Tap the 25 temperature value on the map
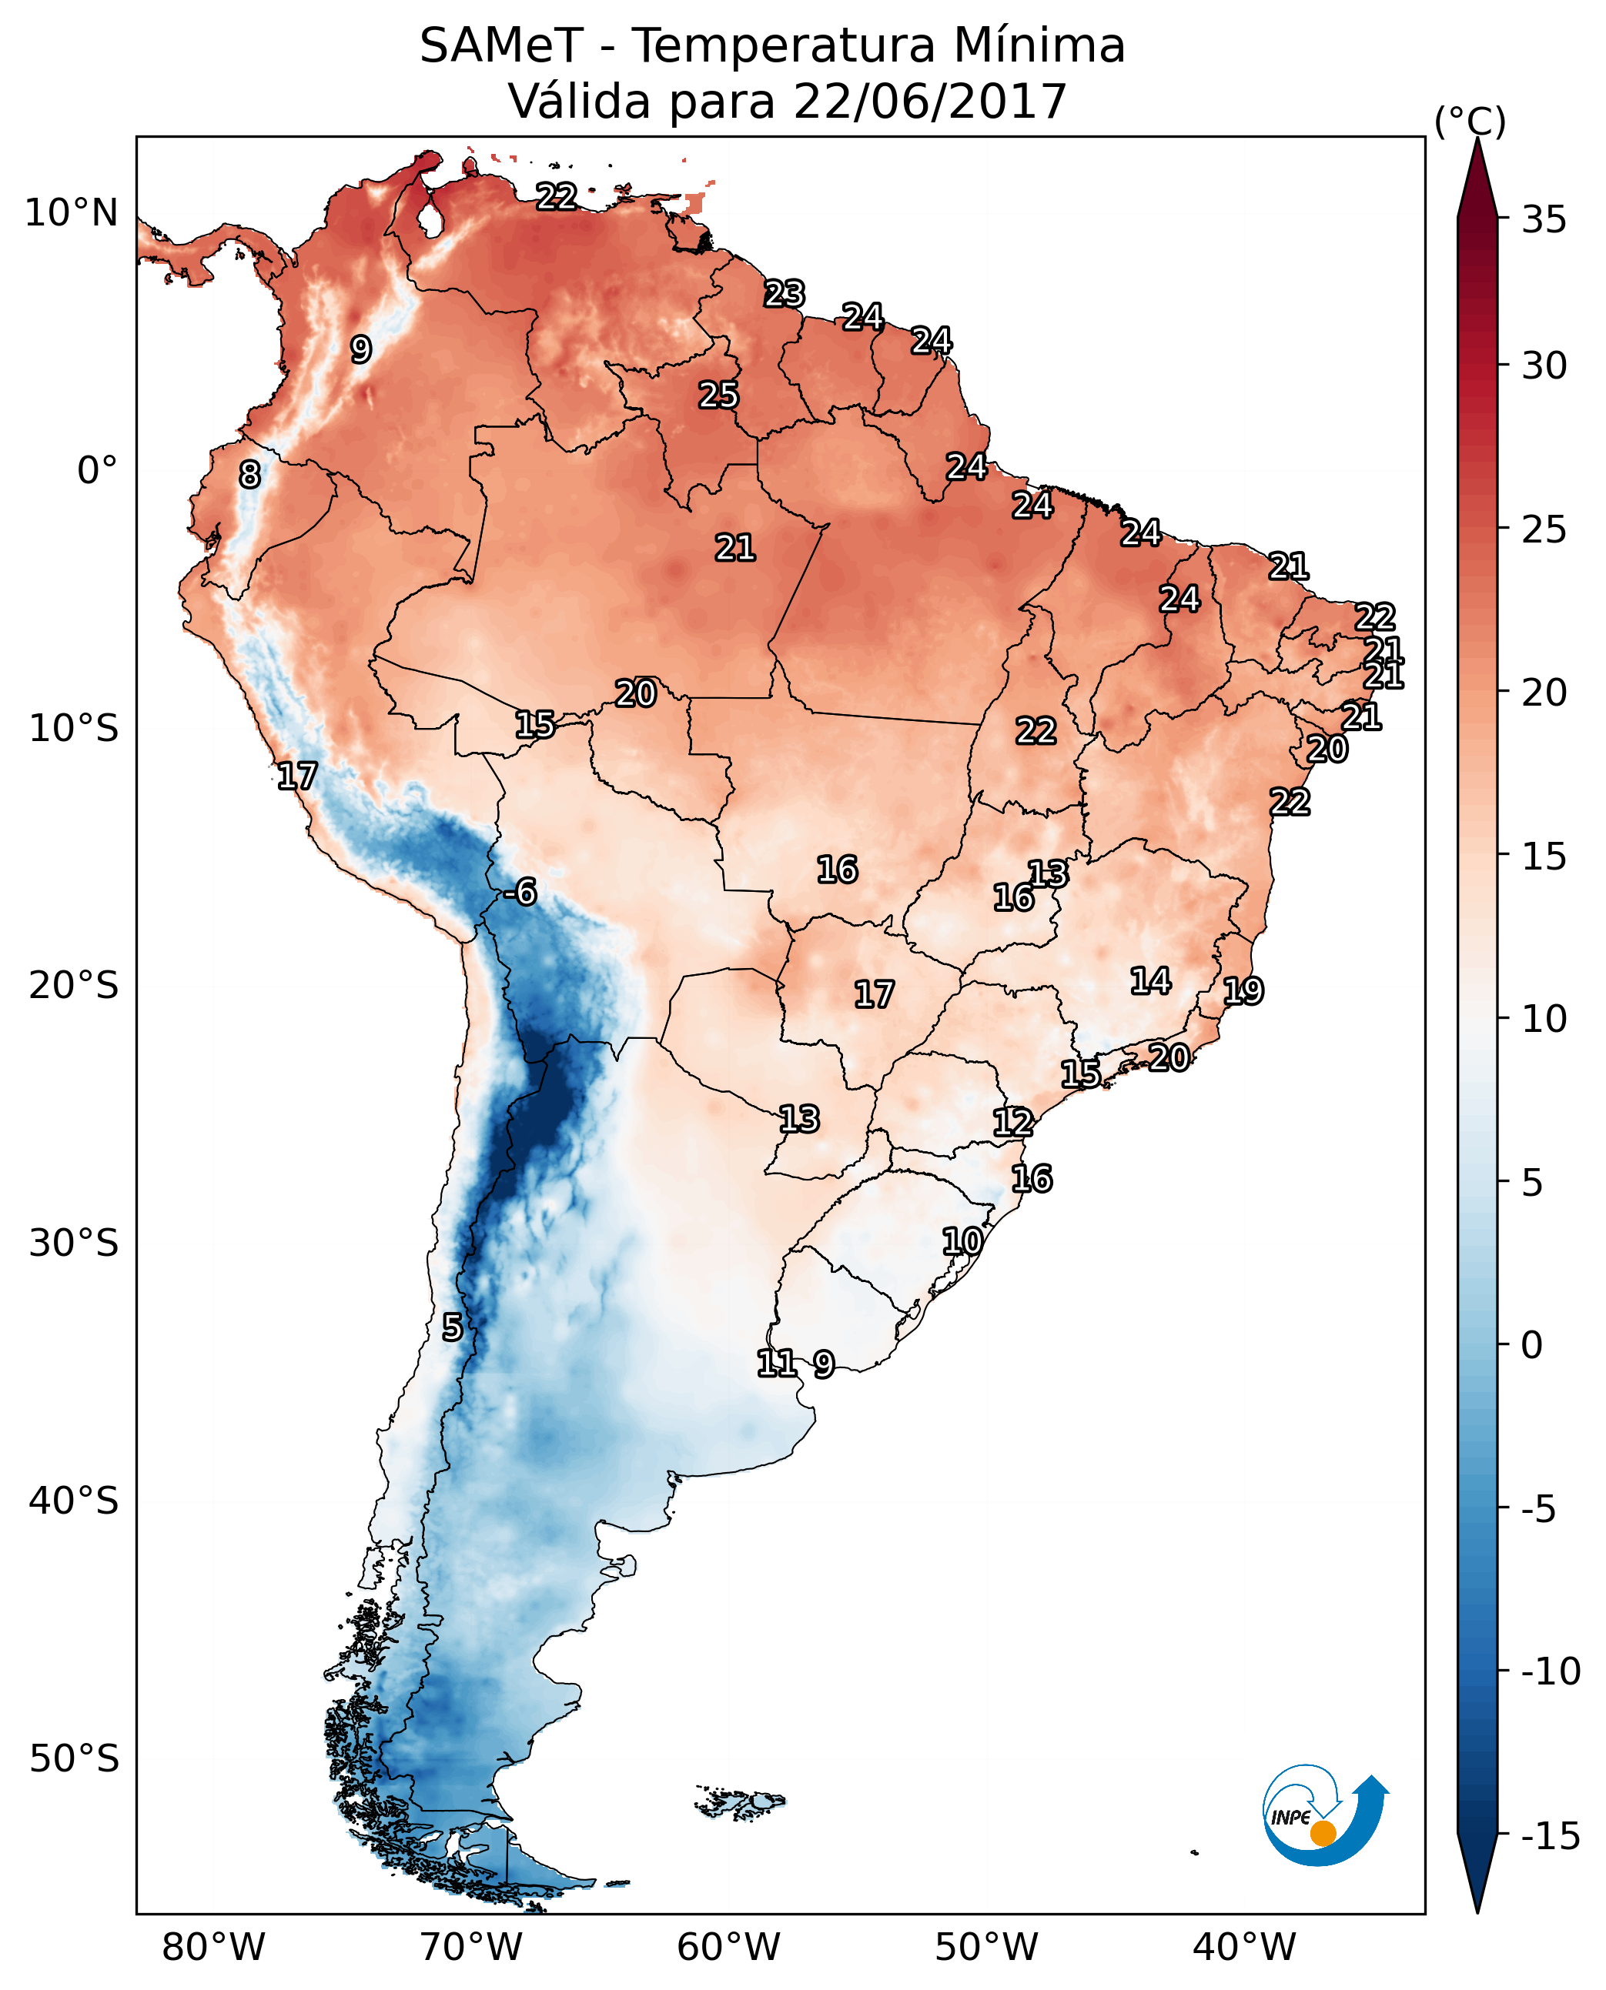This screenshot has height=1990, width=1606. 718,395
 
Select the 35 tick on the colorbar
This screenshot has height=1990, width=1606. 1544,220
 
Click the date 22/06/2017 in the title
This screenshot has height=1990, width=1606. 930,101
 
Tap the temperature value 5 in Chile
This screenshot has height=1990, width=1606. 451,1327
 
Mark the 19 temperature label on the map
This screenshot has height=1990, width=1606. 1243,991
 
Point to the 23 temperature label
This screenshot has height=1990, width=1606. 785,293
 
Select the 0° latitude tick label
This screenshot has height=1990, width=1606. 97,471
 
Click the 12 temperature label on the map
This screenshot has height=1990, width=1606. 1013,1123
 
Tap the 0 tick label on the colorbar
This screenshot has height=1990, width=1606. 1533,1344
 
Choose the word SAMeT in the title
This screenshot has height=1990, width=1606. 501,45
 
